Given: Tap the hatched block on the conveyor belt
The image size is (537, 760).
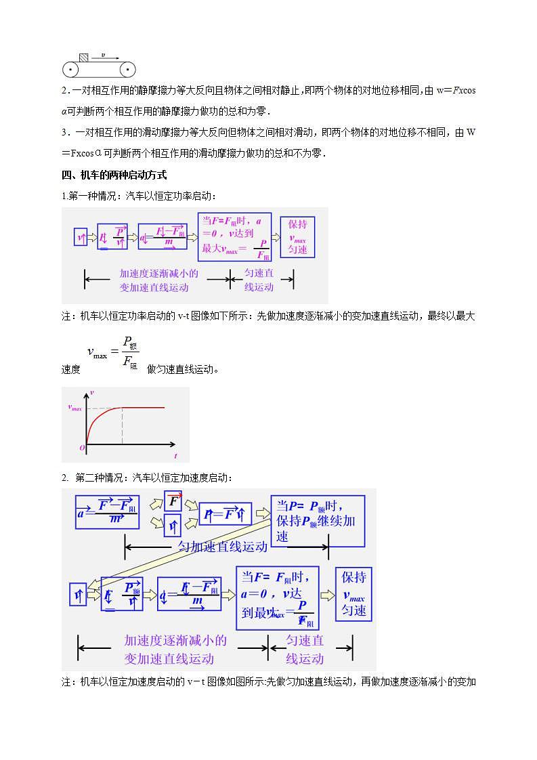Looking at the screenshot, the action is click(83, 58).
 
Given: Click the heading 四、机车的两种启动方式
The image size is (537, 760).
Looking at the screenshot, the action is click(114, 175).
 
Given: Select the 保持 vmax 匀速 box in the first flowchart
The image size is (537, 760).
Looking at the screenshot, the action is click(297, 236).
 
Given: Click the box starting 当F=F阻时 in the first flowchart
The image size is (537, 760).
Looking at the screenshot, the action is click(234, 237).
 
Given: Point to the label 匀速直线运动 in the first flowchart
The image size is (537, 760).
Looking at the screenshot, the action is click(259, 280).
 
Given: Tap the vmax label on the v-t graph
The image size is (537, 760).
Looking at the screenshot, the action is click(74, 408).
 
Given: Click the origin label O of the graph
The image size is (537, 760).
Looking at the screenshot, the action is click(82, 448).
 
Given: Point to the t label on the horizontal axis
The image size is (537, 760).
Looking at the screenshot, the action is click(175, 456).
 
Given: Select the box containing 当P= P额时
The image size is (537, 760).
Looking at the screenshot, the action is click(318, 521).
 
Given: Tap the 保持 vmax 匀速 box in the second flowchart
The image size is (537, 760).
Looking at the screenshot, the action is click(353, 594).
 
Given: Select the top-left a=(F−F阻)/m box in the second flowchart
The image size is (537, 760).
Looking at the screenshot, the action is click(107, 512).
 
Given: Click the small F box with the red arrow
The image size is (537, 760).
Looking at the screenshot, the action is click(174, 501).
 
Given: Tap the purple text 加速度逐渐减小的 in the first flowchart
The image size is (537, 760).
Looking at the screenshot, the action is click(158, 274).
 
